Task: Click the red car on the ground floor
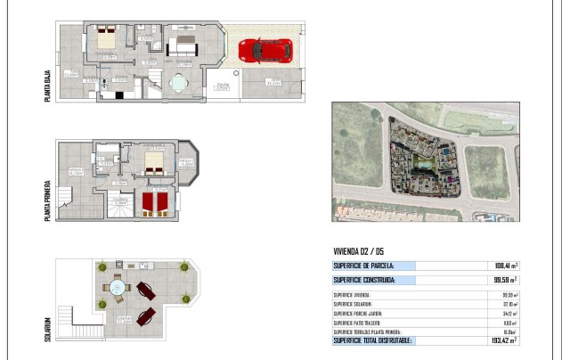[265, 51]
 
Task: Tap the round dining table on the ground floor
[179, 84]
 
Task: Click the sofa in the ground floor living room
[185, 41]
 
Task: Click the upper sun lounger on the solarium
[145, 291]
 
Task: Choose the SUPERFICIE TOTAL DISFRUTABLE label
[372, 340]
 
